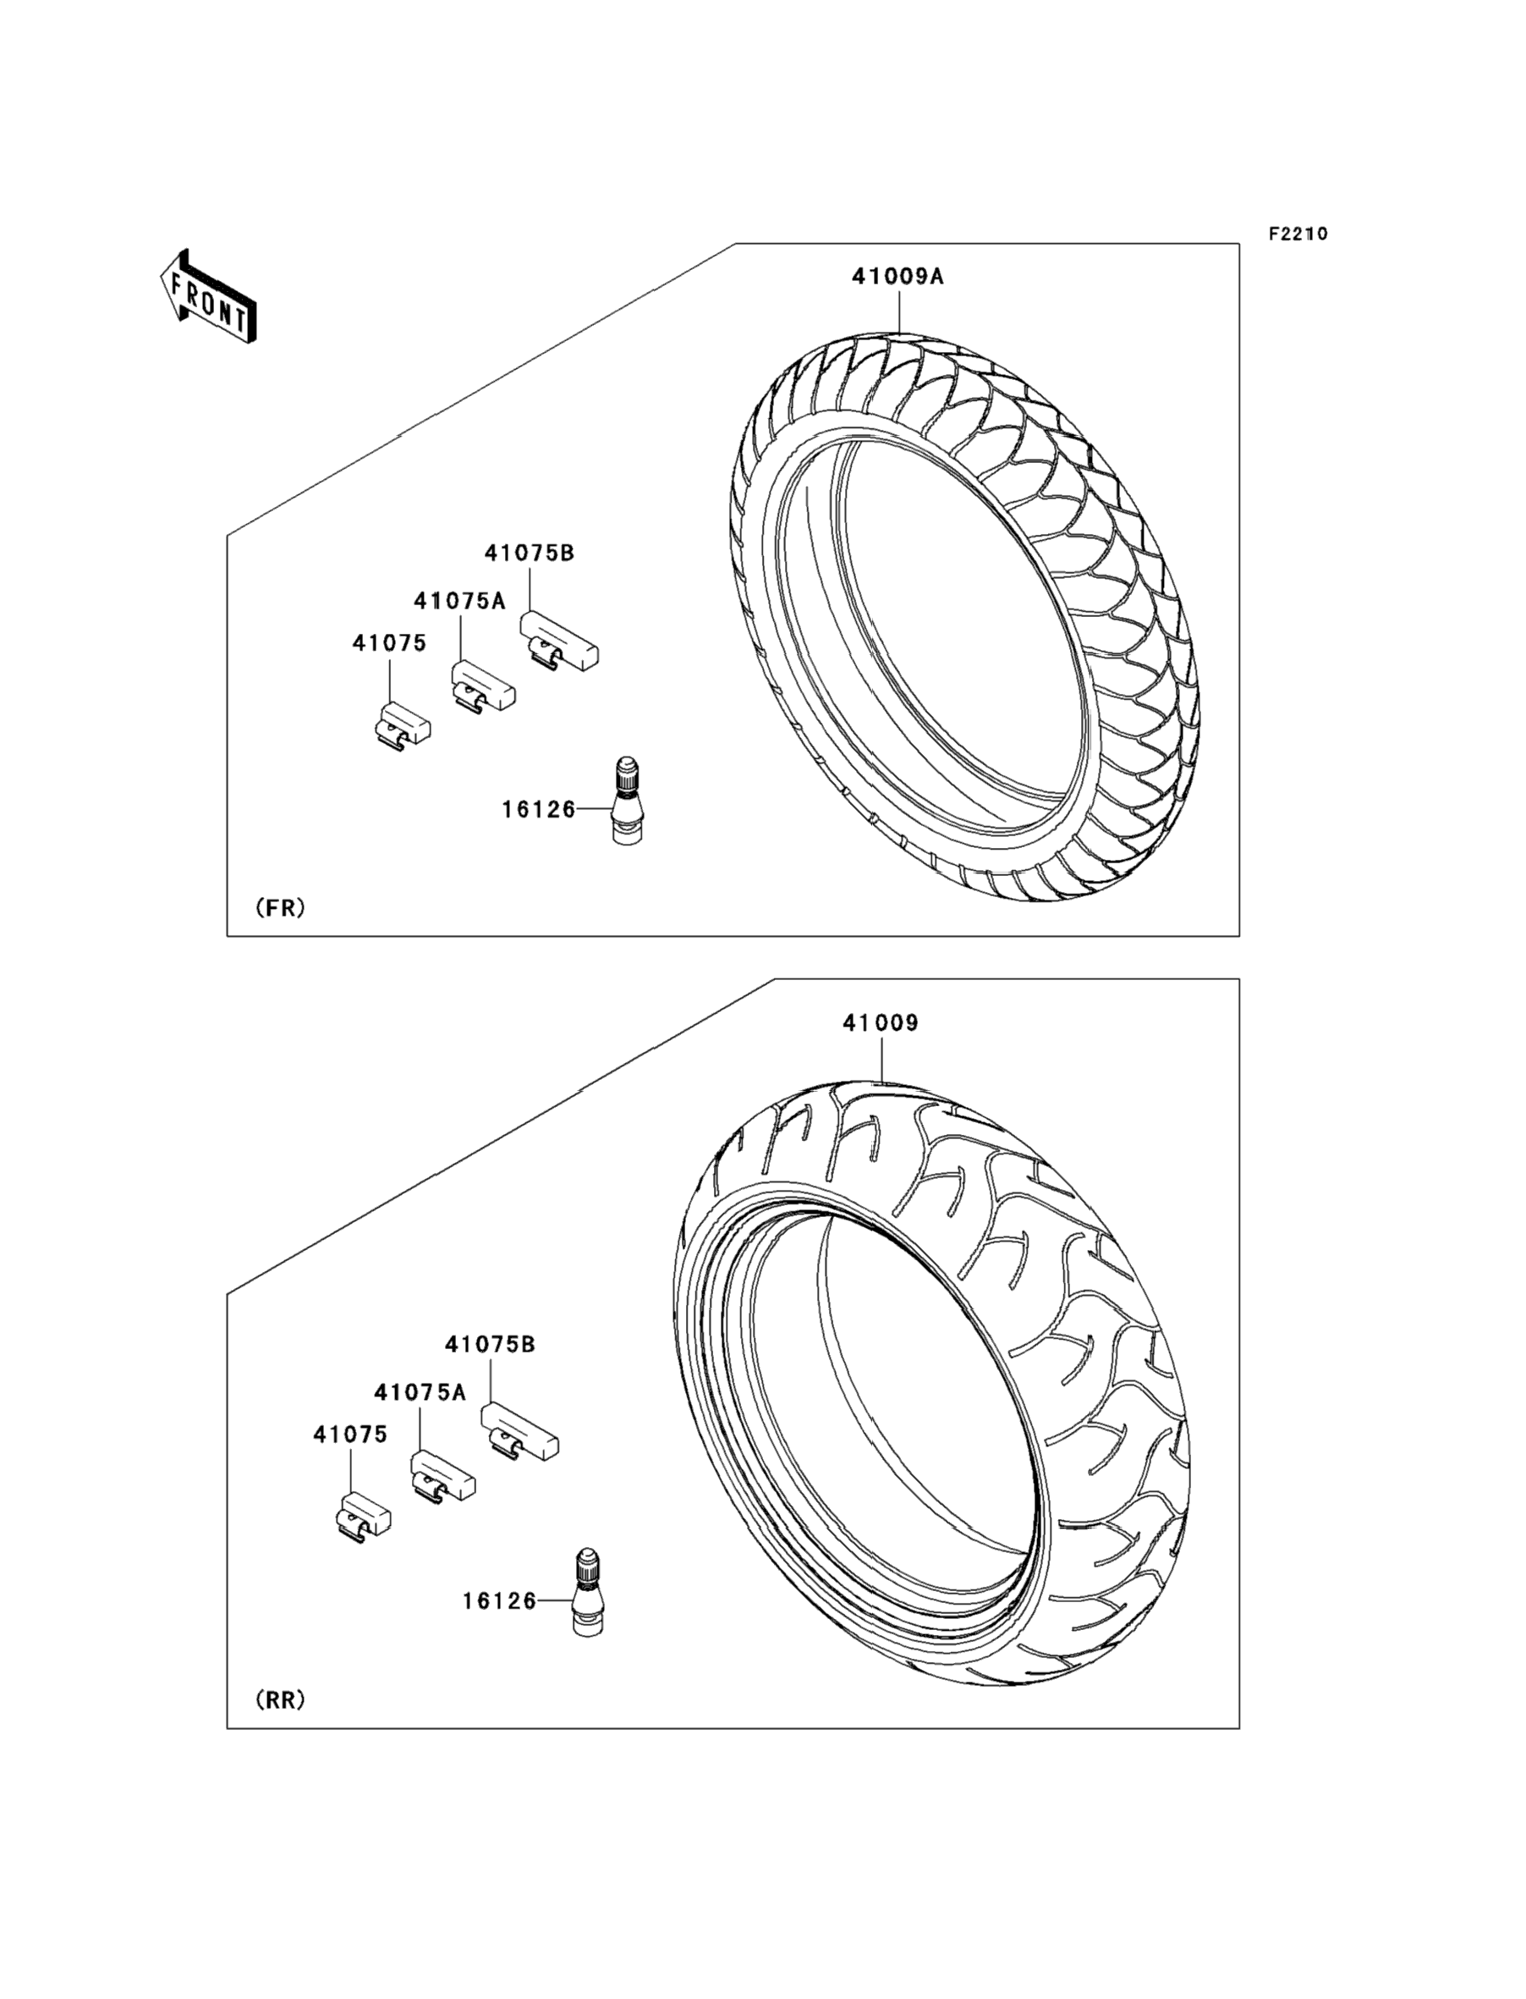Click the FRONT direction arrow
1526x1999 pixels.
point(208,296)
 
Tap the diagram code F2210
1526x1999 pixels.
point(1298,234)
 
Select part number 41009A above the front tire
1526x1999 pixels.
point(897,276)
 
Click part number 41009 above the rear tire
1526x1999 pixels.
point(881,1023)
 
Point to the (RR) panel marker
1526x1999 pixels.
point(281,1699)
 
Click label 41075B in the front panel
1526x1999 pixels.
point(530,553)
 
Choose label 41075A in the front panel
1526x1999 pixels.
point(459,601)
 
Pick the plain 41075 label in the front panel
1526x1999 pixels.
point(389,642)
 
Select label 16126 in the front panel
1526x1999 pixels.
point(539,809)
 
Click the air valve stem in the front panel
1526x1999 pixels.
point(627,800)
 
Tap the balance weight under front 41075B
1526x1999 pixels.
point(558,642)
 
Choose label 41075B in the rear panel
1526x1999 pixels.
point(490,1345)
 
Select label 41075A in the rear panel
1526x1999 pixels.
point(420,1392)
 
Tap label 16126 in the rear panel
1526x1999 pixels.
point(500,1601)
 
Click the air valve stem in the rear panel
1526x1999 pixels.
point(588,1592)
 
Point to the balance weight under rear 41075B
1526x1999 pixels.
point(519,1433)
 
